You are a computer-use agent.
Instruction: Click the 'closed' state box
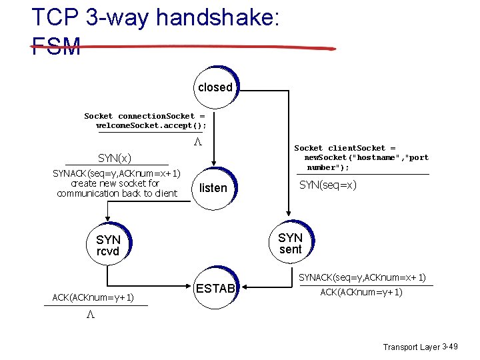click(215, 87)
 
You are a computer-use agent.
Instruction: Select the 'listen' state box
click(213, 188)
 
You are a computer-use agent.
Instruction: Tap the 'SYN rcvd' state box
click(108, 245)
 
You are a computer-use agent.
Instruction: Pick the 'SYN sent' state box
click(290, 243)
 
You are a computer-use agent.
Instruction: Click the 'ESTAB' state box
click(215, 289)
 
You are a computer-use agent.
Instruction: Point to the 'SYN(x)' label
click(115, 158)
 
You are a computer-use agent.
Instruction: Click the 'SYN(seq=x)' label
click(328, 185)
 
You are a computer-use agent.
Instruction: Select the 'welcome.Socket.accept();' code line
click(151, 125)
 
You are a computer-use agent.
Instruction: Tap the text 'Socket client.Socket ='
click(345, 148)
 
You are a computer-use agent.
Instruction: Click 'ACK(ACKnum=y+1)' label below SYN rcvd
click(94, 297)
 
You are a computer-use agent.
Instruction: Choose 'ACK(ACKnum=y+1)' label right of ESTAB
click(361, 292)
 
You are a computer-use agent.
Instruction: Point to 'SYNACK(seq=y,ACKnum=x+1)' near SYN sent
click(362, 277)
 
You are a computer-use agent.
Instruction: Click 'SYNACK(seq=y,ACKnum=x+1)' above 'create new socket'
click(117, 173)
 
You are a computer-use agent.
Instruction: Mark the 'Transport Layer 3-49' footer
click(420, 347)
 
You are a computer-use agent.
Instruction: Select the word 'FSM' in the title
click(56, 47)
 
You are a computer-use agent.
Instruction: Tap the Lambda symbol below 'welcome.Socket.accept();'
click(197, 143)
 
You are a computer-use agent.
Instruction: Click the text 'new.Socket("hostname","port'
click(366, 158)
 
